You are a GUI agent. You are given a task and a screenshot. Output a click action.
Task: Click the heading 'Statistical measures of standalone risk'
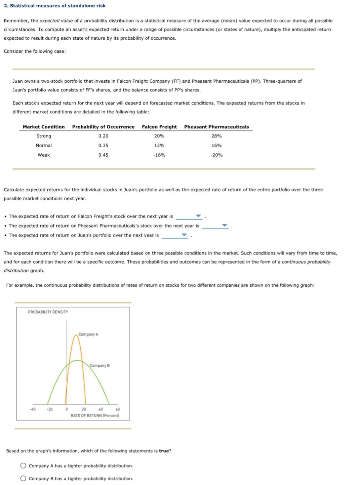tap(57, 6)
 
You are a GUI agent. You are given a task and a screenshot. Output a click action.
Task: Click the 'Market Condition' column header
tap(44, 127)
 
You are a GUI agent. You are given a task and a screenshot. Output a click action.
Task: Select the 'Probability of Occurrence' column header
tap(103, 127)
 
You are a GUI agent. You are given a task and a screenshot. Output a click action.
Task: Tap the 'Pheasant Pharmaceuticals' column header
tap(216, 127)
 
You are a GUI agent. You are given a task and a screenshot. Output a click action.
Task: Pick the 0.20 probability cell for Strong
tap(103, 136)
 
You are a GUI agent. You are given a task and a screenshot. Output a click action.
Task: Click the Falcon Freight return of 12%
tap(159, 146)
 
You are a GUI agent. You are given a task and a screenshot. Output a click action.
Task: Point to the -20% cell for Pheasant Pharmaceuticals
tap(216, 155)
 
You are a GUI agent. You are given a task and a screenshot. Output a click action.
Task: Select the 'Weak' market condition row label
tap(44, 155)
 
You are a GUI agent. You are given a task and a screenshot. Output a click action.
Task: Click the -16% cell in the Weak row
tap(159, 155)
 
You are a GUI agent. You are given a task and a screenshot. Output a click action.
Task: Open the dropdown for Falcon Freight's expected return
tap(189, 216)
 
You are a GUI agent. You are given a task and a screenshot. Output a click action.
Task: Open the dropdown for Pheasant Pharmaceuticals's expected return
tap(215, 226)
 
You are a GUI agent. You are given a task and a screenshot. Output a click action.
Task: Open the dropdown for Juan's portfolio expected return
tap(175, 235)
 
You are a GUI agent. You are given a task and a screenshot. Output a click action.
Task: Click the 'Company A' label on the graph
tap(88, 334)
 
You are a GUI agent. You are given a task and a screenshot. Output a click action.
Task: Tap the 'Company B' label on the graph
tap(99, 365)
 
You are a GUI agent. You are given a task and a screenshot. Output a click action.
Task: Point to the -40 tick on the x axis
tap(33, 409)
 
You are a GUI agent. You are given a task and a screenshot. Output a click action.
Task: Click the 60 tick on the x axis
tap(118, 409)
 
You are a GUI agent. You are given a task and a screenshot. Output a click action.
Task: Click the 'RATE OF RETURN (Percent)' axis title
tap(95, 416)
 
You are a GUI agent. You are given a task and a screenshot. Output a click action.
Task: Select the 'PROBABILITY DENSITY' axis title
tap(48, 312)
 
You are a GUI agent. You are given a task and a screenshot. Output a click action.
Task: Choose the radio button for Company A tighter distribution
tap(23, 466)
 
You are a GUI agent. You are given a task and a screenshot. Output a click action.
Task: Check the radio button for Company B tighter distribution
tap(23, 478)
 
